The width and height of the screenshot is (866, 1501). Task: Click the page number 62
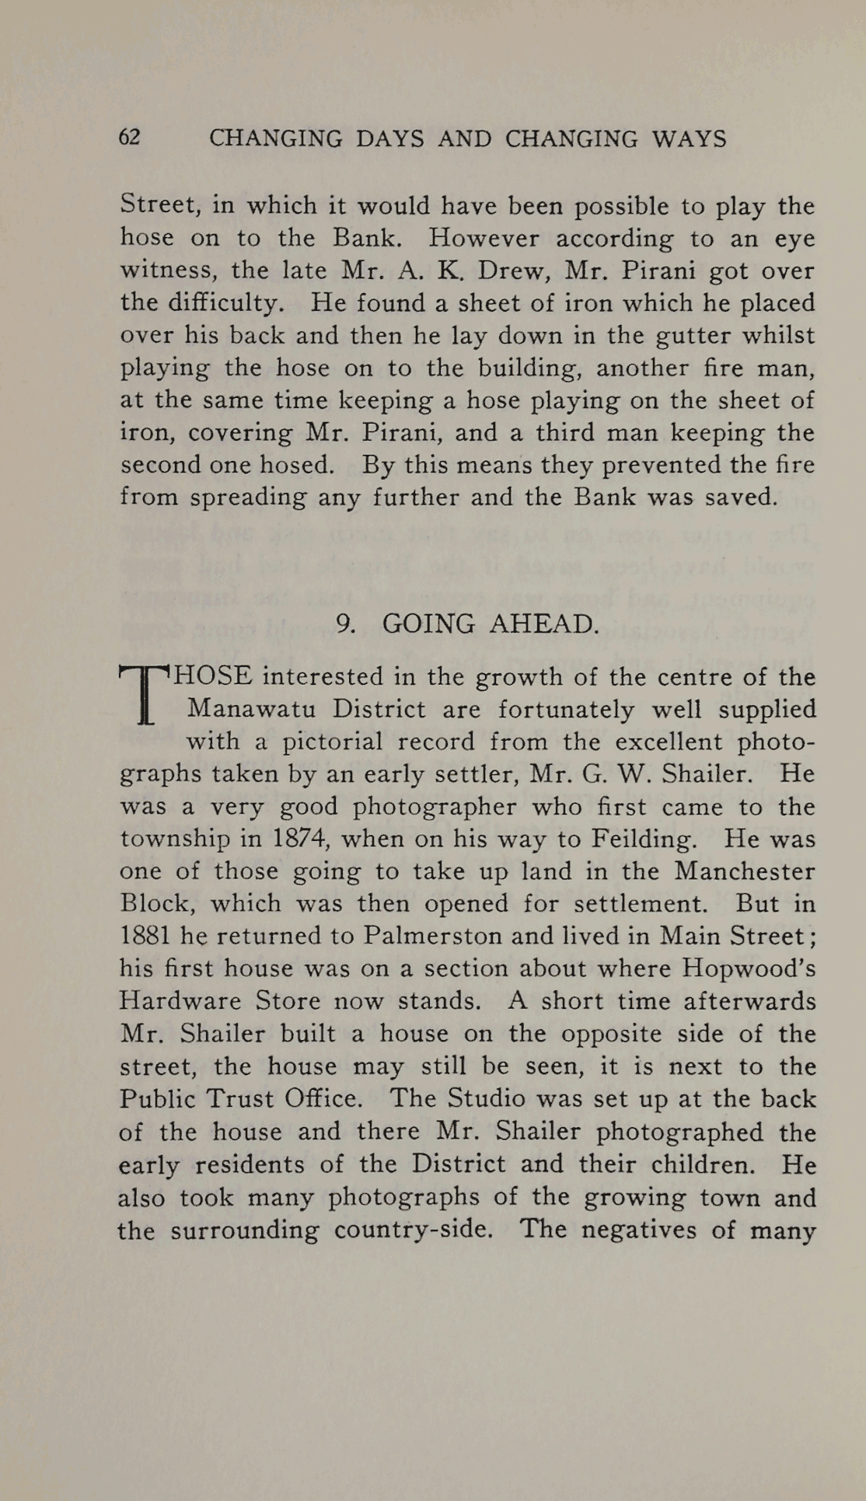(129, 138)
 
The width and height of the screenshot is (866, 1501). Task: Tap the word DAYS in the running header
(389, 139)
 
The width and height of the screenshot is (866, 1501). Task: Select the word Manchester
(745, 871)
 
